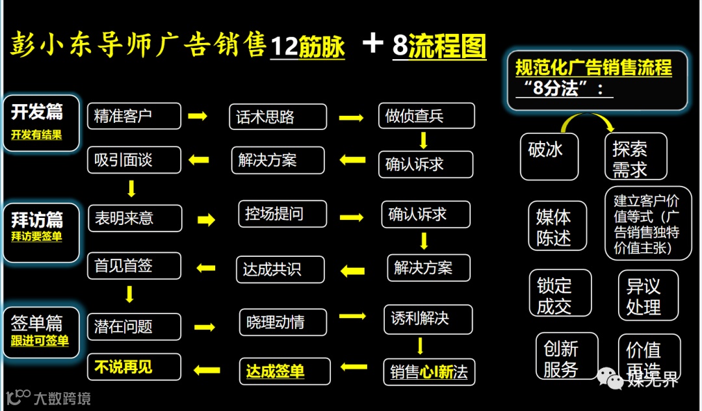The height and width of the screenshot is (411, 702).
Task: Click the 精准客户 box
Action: click(x=134, y=116)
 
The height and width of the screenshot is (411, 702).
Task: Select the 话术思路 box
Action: click(x=278, y=117)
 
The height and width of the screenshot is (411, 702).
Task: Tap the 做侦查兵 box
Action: click(x=426, y=116)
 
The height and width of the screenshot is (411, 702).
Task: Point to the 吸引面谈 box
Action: click(x=134, y=160)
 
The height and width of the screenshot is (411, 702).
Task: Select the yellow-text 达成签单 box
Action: click(x=285, y=371)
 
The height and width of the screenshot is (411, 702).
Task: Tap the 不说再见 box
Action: click(x=134, y=367)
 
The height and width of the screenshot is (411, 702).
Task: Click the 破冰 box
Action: click(x=549, y=156)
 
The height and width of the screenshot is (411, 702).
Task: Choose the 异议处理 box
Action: click(x=647, y=296)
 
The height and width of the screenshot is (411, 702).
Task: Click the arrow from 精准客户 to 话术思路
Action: click(x=197, y=116)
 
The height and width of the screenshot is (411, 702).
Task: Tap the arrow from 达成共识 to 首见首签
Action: click(x=206, y=267)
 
